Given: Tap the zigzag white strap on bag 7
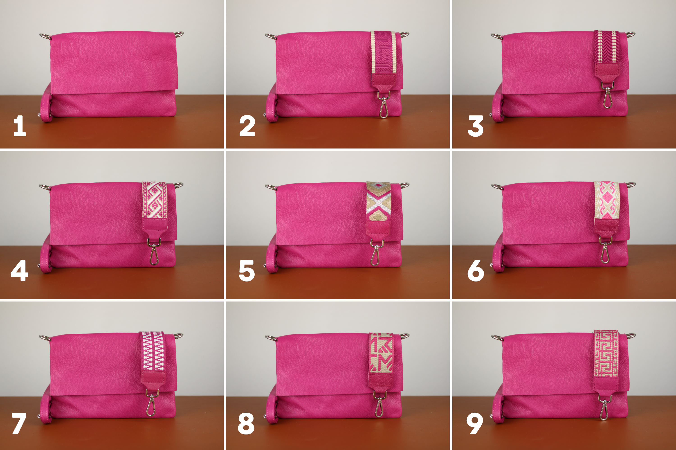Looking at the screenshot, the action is (x=153, y=352).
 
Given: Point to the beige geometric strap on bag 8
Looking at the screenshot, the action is (x=381, y=353).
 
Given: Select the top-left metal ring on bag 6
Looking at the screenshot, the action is (x=498, y=187).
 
